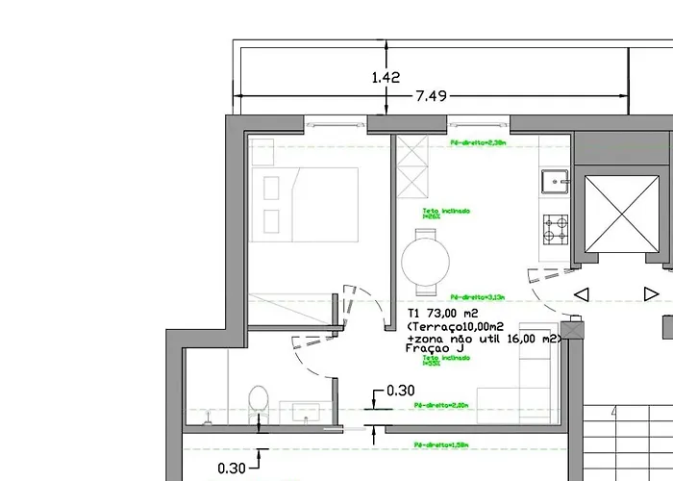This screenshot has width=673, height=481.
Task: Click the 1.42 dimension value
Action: click(385, 78)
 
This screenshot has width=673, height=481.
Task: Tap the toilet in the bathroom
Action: click(258, 402)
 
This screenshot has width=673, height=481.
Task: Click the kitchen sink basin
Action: click(555, 182)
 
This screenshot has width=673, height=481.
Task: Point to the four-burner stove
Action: click(556, 228)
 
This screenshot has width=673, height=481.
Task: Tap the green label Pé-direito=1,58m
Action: click(441, 445)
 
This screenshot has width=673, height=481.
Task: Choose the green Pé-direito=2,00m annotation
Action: click(443, 407)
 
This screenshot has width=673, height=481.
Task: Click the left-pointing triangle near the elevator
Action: click(581, 294)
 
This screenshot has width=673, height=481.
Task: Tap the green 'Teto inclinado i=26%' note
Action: click(445, 214)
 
